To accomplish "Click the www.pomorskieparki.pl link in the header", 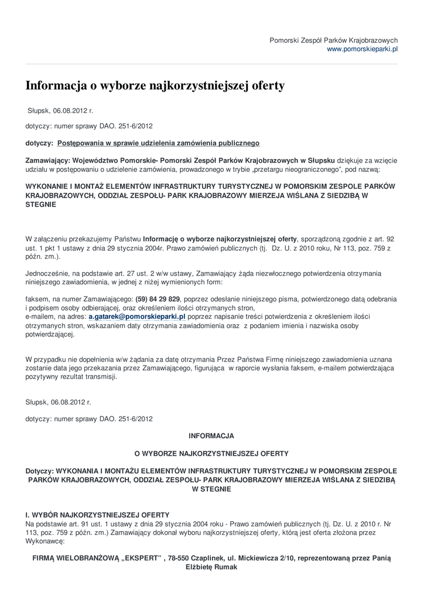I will coord(362,49).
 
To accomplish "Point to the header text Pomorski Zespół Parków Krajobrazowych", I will coord(333,40).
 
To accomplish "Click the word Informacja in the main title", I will coord(56,86).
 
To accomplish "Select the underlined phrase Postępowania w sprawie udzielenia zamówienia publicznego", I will coord(158,143).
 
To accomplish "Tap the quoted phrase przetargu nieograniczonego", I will coord(299,168).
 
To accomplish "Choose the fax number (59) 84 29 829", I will coord(158,298).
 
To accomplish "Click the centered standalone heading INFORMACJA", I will coord(211,436).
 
